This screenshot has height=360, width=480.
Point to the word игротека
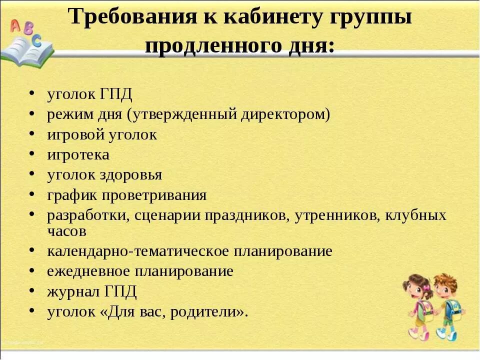click(x=78, y=155)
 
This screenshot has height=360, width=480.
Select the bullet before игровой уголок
click(x=32, y=135)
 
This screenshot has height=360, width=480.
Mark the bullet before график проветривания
click(x=32, y=195)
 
